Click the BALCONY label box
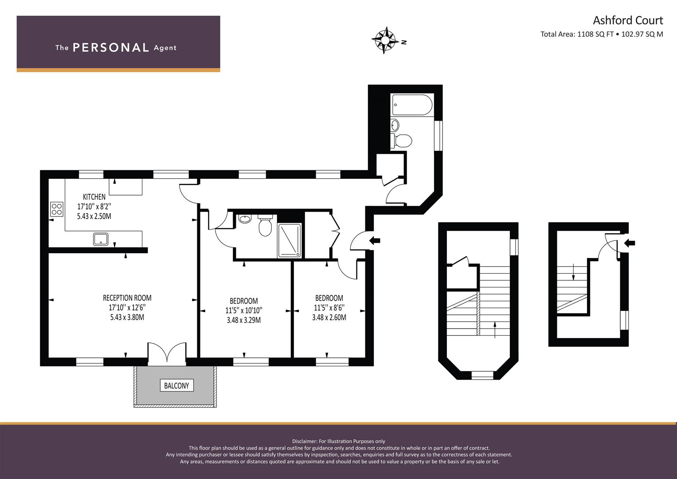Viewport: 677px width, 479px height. click(176, 385)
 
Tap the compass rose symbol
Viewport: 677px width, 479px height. click(384, 40)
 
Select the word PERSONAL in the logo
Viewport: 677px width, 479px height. click(111, 47)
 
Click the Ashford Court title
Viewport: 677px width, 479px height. click(628, 20)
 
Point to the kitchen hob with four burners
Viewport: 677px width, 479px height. click(56, 209)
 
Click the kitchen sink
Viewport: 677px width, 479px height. click(101, 239)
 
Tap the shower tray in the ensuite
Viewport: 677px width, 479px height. click(290, 241)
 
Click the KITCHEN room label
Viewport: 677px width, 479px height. click(94, 197)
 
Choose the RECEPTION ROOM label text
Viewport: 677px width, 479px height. click(127, 298)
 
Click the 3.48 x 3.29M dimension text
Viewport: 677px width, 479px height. click(243, 320)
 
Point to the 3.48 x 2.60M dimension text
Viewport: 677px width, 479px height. click(329, 317)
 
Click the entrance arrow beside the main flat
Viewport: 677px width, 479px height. click(375, 241)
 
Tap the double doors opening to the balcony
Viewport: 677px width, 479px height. click(167, 352)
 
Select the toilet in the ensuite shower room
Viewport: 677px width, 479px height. click(265, 226)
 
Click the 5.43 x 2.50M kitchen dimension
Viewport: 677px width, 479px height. click(94, 216)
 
